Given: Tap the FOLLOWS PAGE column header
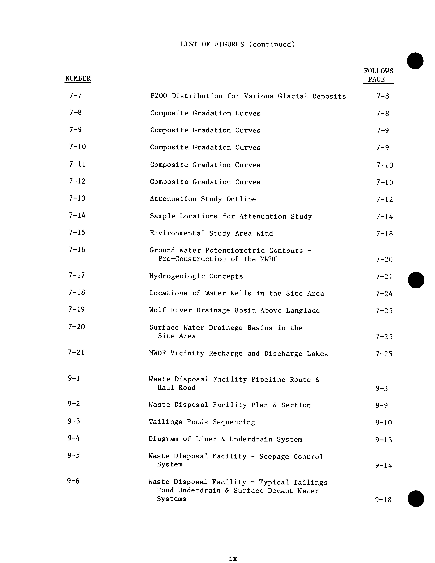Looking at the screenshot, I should [x=378, y=75].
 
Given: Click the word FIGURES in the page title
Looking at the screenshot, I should [x=229, y=44].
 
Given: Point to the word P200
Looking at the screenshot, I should [x=159, y=96].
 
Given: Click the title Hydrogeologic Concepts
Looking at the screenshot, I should [x=196, y=276].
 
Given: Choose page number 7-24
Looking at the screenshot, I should [x=384, y=294].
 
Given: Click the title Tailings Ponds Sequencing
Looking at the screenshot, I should [x=202, y=422].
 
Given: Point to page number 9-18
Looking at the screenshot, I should [x=383, y=500].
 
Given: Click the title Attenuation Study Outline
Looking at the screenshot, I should [x=203, y=199].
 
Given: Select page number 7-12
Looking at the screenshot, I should [x=384, y=199].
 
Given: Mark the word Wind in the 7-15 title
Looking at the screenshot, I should [x=264, y=233].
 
